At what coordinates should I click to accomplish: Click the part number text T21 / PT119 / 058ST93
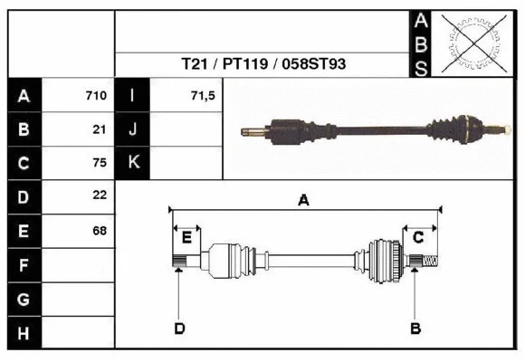click(262, 64)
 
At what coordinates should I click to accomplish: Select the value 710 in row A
click(96, 95)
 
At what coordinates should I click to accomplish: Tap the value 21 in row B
click(100, 129)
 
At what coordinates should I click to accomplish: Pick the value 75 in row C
click(100, 163)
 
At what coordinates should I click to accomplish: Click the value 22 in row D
click(100, 195)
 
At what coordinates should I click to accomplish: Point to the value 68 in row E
click(100, 230)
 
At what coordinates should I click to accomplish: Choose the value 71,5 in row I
click(203, 95)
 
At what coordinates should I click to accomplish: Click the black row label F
click(24, 265)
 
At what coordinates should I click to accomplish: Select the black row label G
click(24, 299)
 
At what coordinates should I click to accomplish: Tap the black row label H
click(24, 333)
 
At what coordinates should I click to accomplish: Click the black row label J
click(132, 129)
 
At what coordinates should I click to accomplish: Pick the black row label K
click(132, 163)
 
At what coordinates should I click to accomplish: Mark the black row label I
click(132, 95)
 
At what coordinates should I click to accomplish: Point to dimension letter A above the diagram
click(304, 201)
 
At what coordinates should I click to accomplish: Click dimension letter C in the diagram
click(418, 237)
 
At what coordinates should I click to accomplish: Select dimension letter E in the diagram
click(186, 237)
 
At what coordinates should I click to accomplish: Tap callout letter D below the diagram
click(179, 328)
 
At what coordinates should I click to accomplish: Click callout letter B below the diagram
click(415, 328)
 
